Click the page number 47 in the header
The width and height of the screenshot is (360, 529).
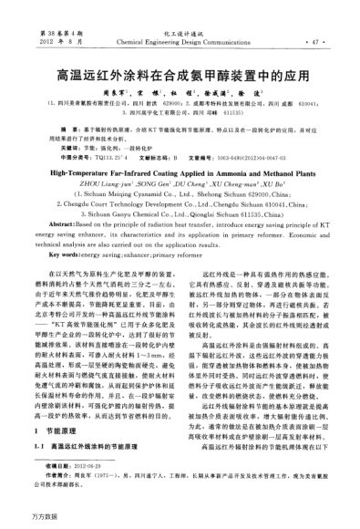coord(316,42)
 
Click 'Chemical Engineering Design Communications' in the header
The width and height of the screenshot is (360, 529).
coord(180,42)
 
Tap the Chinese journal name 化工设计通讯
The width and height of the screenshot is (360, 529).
coord(180,33)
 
